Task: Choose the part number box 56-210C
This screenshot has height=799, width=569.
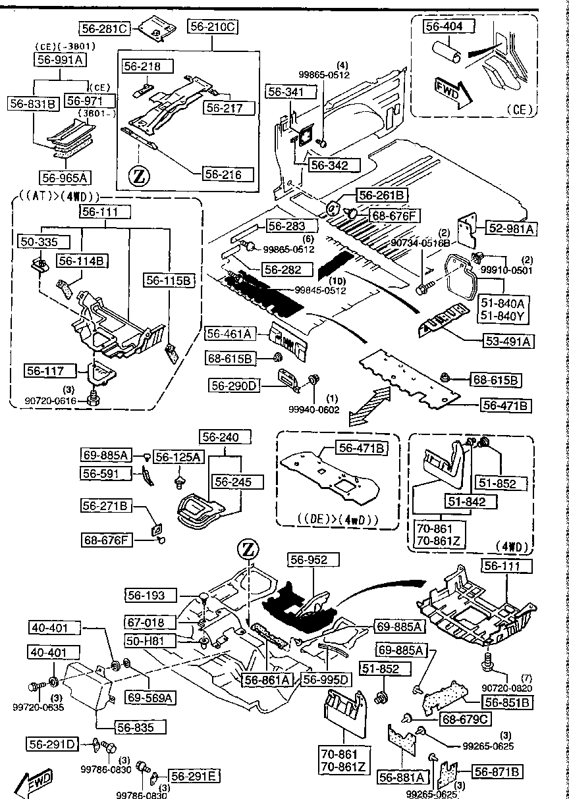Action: click(x=213, y=27)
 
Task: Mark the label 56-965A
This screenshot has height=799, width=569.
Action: click(x=65, y=178)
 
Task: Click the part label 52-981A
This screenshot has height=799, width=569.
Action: click(x=511, y=228)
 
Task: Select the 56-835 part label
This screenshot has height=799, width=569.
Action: click(x=140, y=727)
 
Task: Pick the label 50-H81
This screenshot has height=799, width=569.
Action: click(x=149, y=640)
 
